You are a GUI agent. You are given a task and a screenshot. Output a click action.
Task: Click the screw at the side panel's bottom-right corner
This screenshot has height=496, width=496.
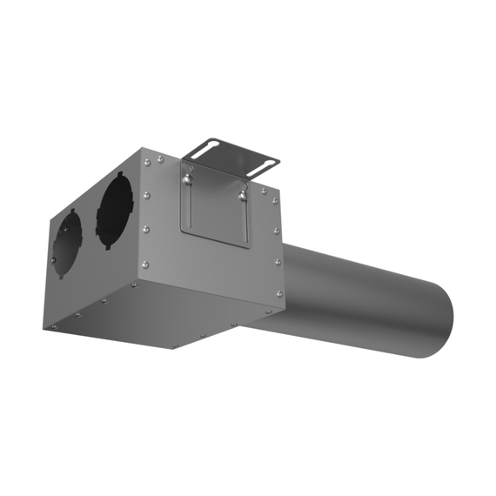[x=279, y=293]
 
